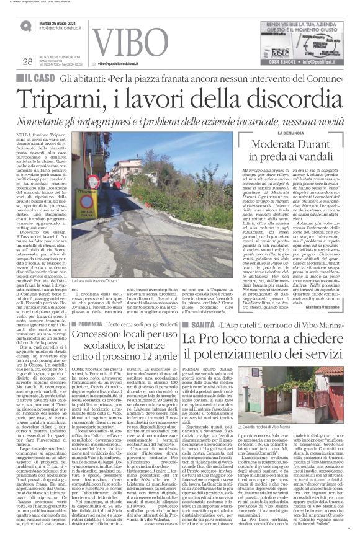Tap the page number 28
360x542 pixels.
(27, 61)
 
